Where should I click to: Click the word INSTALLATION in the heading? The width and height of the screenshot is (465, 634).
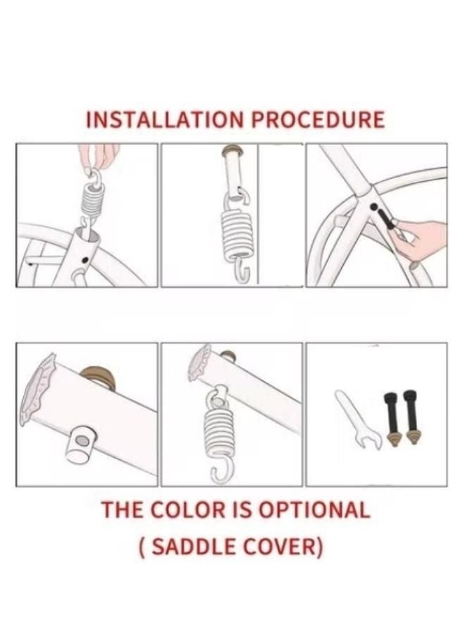pos(165,120)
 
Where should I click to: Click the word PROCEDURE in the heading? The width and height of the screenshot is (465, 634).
pos(318,120)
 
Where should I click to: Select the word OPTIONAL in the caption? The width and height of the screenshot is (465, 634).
pos(314,509)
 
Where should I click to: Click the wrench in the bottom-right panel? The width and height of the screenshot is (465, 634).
pos(358,420)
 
